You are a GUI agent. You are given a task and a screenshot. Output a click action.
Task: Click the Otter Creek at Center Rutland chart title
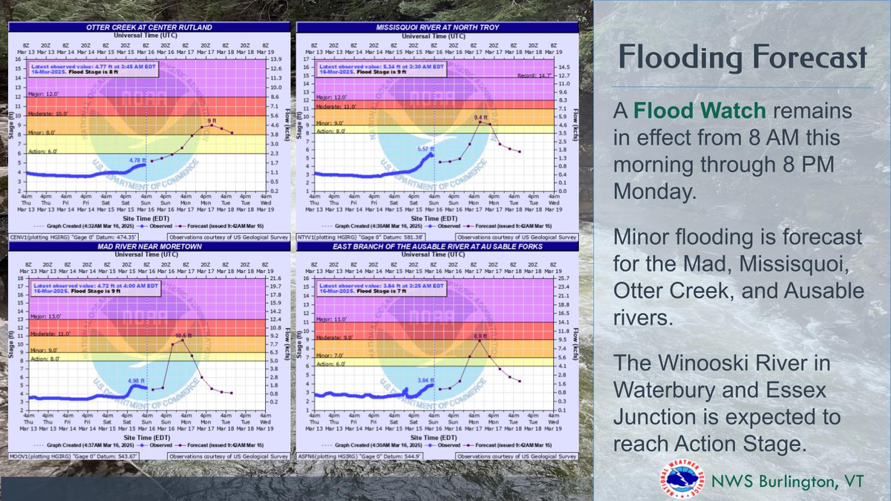(x=149, y=27)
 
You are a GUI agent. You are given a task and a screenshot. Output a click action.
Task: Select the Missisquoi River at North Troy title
(x=437, y=27)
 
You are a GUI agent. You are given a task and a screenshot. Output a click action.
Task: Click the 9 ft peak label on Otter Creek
(x=212, y=120)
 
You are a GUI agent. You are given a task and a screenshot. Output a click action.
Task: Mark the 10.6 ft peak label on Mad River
(x=183, y=335)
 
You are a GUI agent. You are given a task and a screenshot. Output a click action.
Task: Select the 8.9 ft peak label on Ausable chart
(x=480, y=336)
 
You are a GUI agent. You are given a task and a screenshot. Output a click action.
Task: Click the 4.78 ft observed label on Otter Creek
(x=129, y=160)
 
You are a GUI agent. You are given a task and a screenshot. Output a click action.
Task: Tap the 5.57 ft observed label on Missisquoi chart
(x=424, y=149)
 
